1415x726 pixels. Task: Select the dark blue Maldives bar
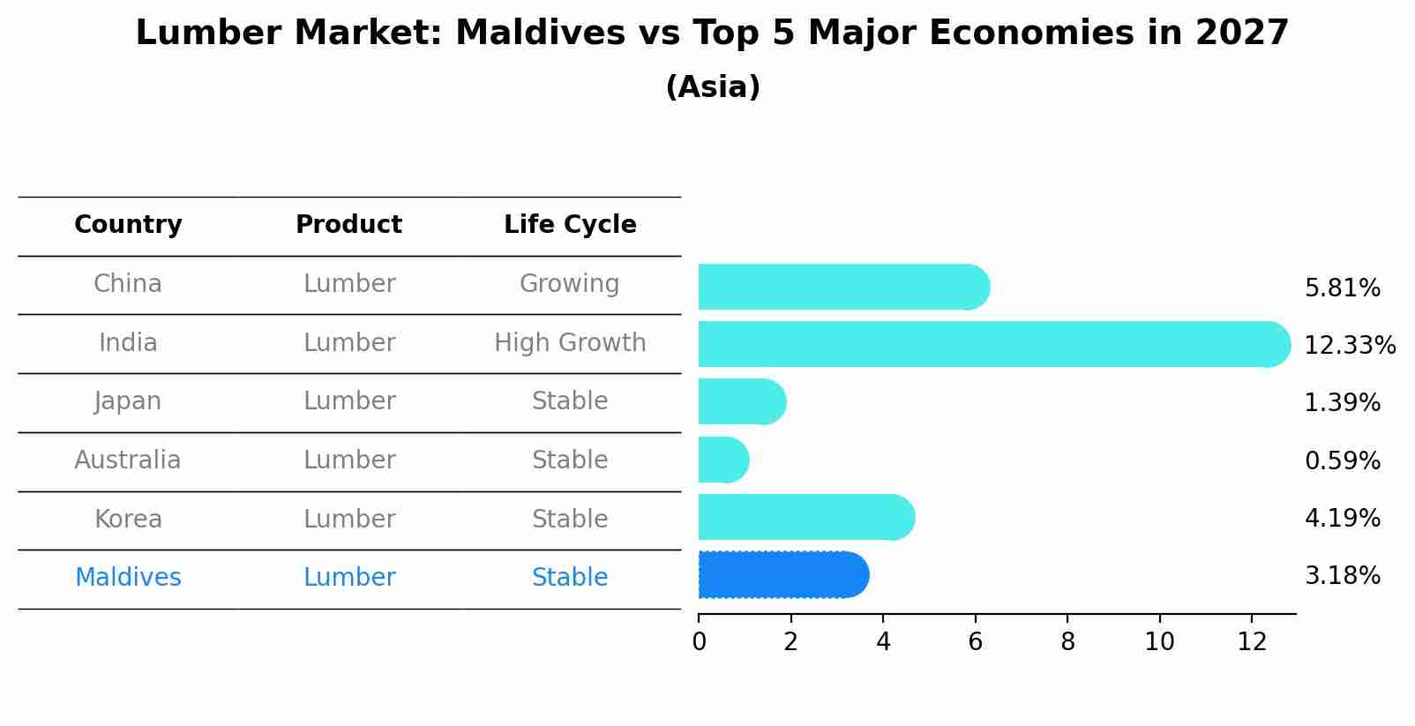click(782, 575)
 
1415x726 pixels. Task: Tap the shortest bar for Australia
click(722, 460)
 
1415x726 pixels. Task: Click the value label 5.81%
click(1342, 288)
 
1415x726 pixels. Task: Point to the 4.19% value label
click(1342, 518)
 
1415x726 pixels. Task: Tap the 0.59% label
click(1342, 460)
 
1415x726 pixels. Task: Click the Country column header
click(128, 225)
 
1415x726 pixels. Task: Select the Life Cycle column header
click(570, 225)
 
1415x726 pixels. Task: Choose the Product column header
click(348, 225)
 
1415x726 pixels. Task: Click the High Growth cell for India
click(570, 343)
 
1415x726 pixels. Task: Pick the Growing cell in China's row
click(569, 284)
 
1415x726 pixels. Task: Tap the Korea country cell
click(128, 519)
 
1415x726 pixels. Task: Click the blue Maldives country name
click(128, 578)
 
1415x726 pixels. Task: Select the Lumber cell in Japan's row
click(349, 401)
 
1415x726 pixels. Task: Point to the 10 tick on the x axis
click(1159, 642)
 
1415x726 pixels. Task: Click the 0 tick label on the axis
click(699, 642)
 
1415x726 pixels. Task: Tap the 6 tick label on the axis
click(975, 642)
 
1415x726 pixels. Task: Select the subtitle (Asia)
click(713, 87)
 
